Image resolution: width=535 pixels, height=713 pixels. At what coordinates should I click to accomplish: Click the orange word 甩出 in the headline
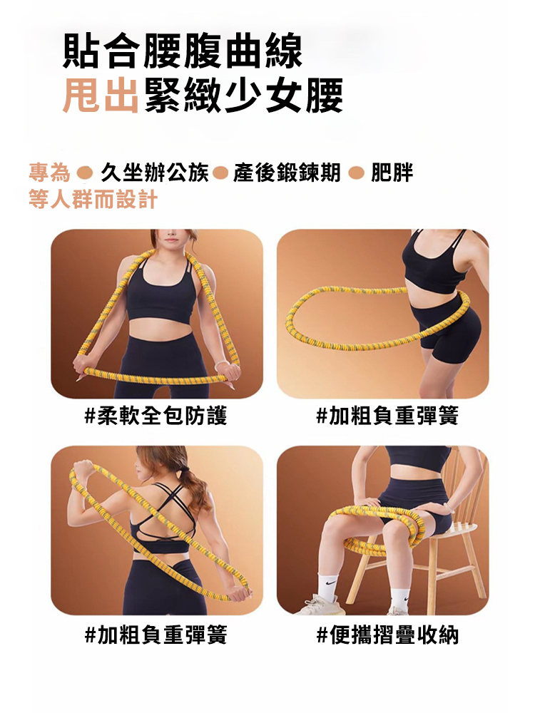click(x=100, y=95)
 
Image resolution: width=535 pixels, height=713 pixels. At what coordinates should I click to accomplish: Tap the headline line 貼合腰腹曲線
click(x=183, y=51)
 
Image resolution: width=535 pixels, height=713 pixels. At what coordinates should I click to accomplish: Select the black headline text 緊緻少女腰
click(x=243, y=95)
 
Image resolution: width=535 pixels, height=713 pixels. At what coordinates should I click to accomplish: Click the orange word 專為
click(x=49, y=173)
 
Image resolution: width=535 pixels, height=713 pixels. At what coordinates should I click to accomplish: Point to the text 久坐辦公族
click(x=154, y=173)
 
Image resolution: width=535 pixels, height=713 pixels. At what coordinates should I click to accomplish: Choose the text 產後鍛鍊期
click(x=287, y=173)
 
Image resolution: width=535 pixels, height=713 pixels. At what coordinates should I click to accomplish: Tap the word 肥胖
click(x=392, y=173)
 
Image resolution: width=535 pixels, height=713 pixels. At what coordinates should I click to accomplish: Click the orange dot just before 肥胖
click(x=356, y=173)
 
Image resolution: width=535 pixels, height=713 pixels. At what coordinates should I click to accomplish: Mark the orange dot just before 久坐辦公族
click(x=85, y=173)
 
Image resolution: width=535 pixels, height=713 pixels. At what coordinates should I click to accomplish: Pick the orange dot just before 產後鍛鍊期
click(x=220, y=173)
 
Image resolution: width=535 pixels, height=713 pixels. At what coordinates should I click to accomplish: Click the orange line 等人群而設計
click(x=93, y=199)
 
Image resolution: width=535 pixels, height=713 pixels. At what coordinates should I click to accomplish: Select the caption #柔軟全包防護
click(x=156, y=416)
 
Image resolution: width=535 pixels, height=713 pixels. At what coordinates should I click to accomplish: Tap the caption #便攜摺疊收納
click(x=387, y=635)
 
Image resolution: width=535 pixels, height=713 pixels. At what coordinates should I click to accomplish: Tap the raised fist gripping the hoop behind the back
click(x=83, y=469)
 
